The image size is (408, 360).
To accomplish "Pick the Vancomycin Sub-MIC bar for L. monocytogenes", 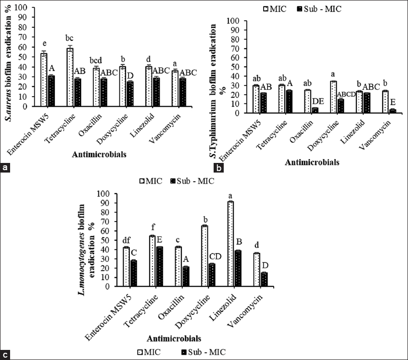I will click(264, 280).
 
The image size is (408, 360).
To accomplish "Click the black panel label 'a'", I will click(6, 168).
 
